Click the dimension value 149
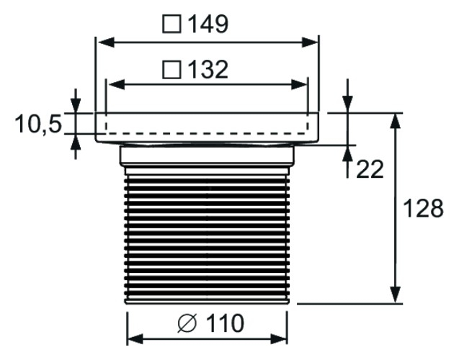[209, 24]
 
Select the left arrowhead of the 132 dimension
[112, 84]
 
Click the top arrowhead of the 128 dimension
[395, 120]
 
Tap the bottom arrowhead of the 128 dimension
[395, 297]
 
